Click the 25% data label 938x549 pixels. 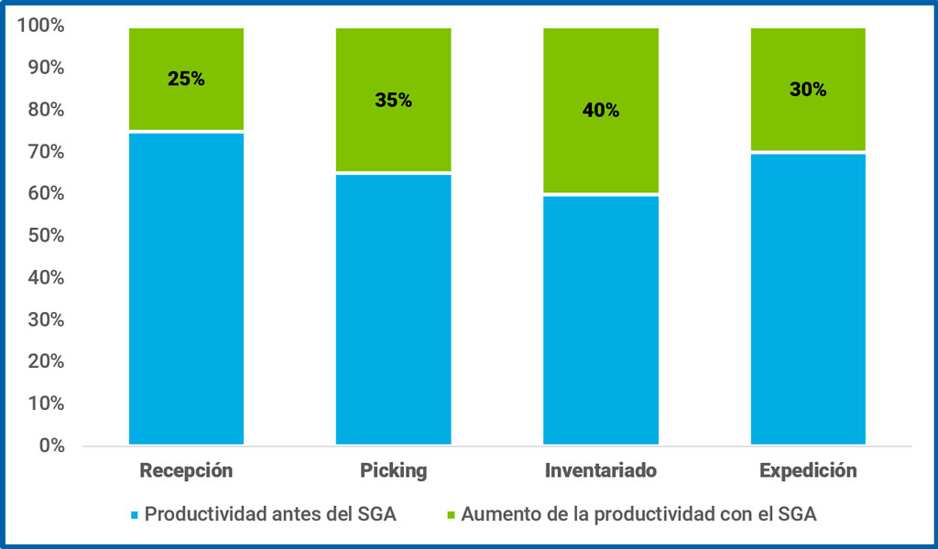click(x=186, y=79)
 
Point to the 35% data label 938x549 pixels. click(x=393, y=100)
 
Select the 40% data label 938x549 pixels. click(x=600, y=111)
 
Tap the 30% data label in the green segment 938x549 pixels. click(x=808, y=90)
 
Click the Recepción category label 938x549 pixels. click(x=186, y=471)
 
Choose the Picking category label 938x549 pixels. click(x=393, y=471)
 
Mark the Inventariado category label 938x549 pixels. click(x=600, y=471)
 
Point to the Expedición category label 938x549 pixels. click(x=808, y=471)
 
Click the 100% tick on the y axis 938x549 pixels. click(x=41, y=26)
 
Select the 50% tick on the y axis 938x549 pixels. click(x=45, y=235)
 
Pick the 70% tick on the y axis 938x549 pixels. click(x=45, y=152)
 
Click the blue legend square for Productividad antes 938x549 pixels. click(x=135, y=515)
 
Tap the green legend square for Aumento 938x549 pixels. click(x=451, y=515)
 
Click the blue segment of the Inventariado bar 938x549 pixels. click(x=600, y=320)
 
